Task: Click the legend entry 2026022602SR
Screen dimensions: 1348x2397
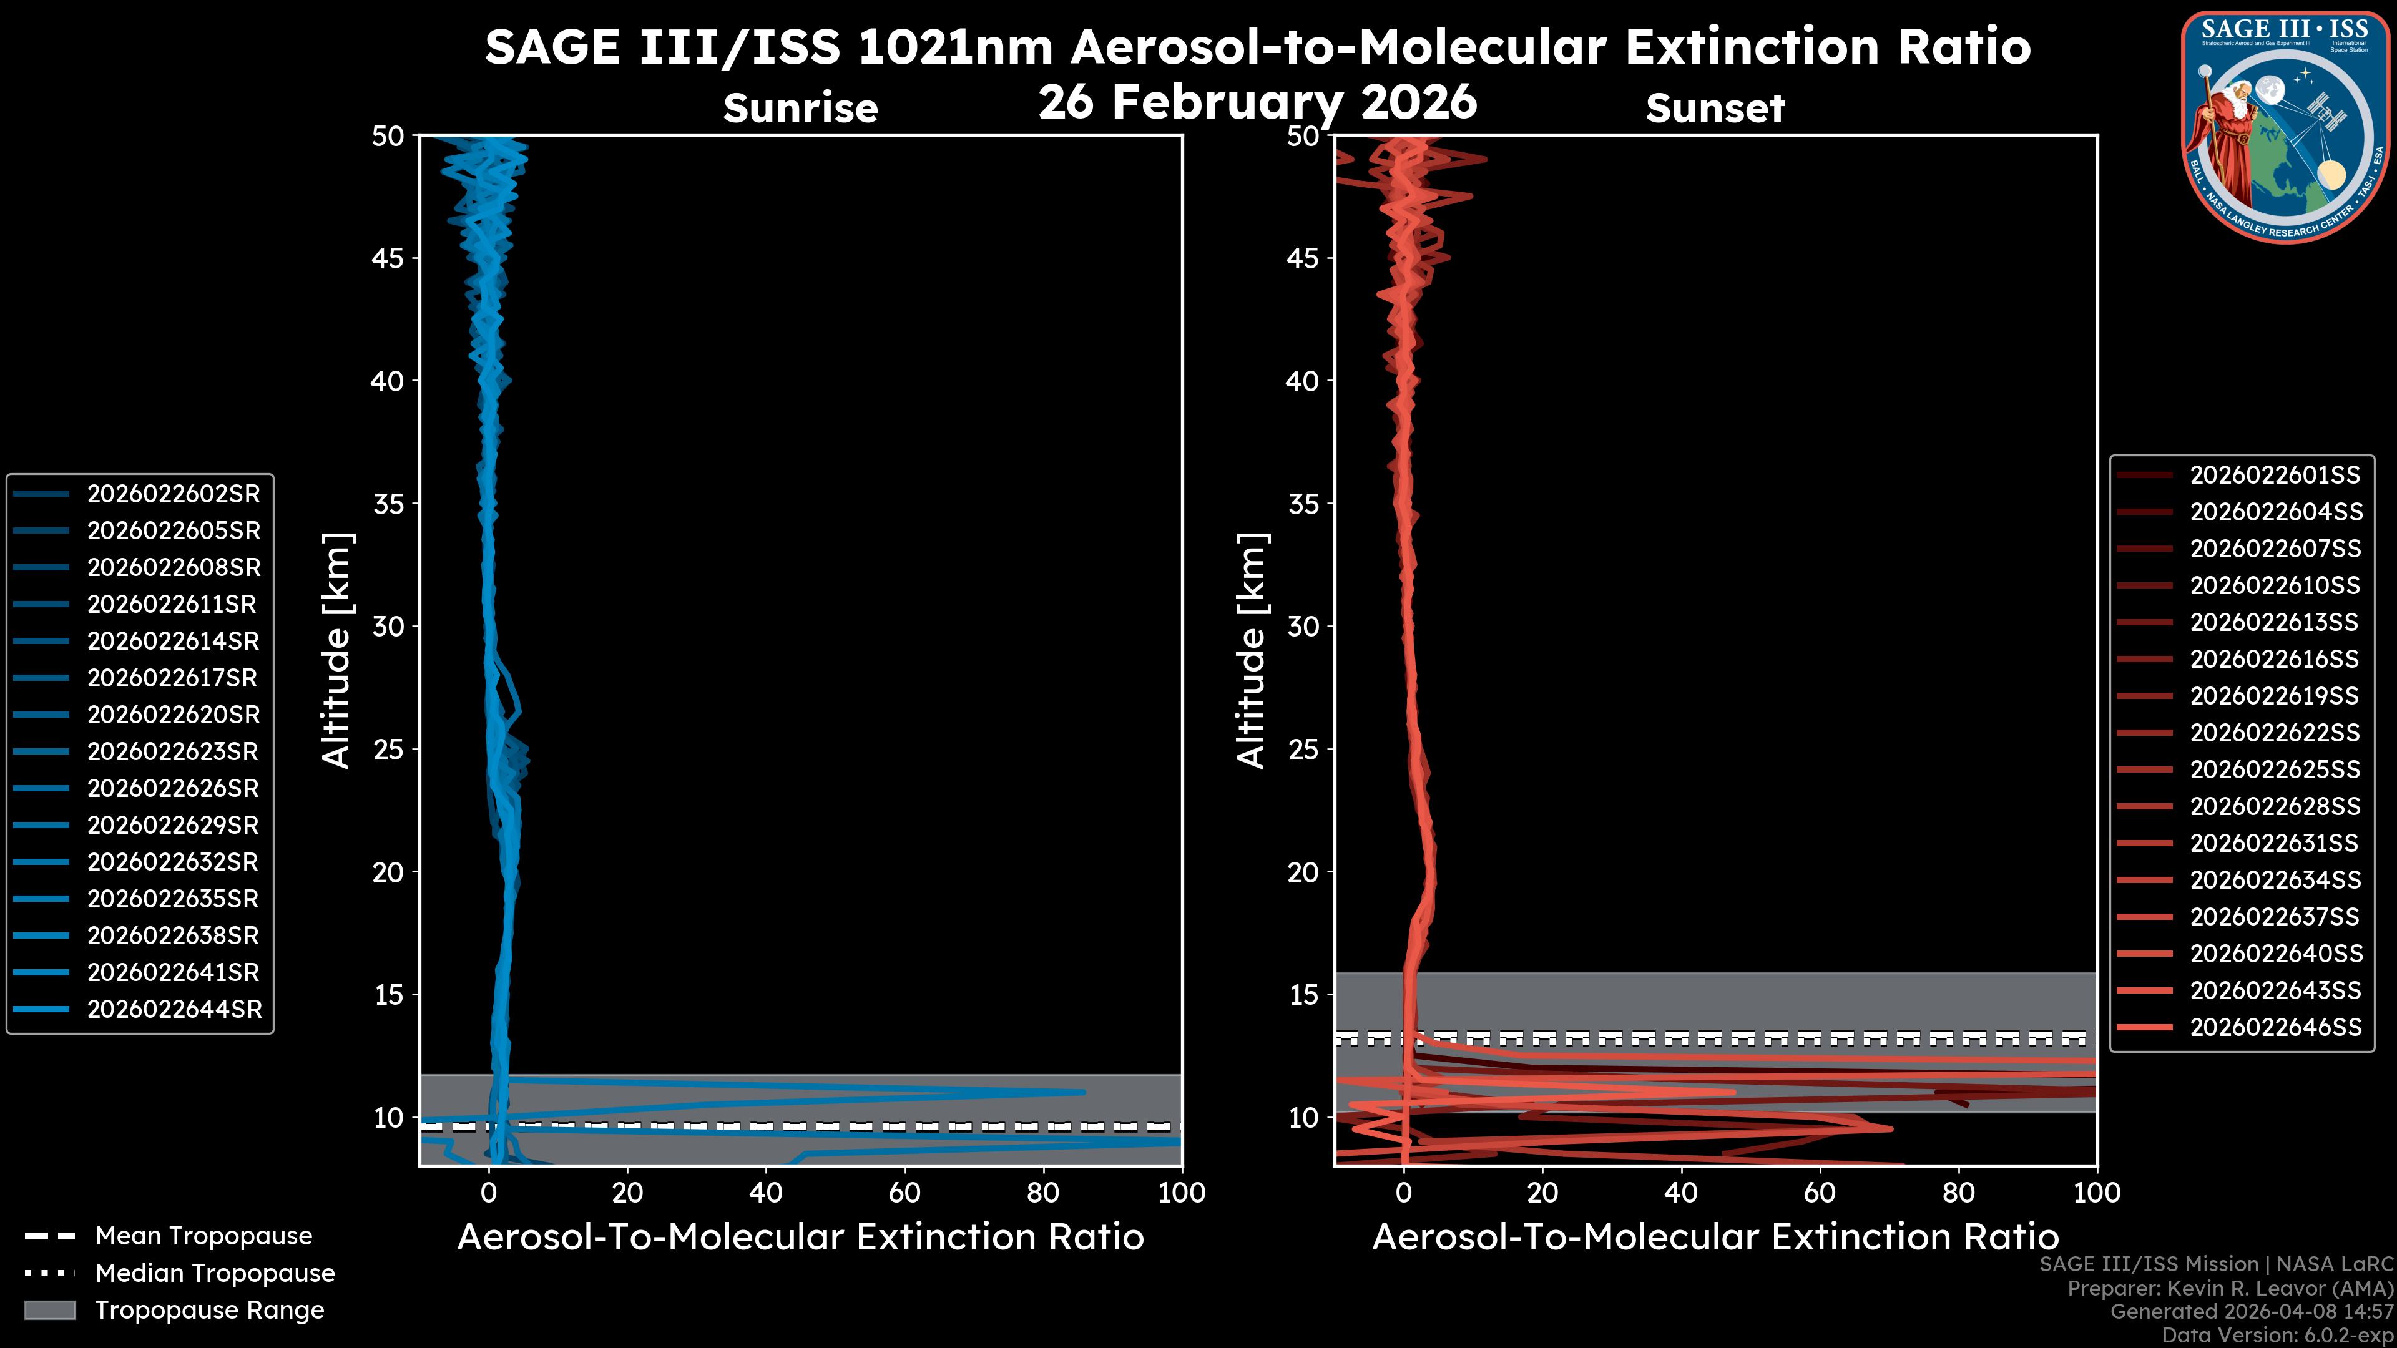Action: pyautogui.click(x=173, y=494)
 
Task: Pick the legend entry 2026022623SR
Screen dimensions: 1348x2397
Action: pyautogui.click(x=173, y=751)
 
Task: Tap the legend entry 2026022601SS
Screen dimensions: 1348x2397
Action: pyautogui.click(x=2274, y=476)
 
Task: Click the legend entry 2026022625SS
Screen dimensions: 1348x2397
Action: pyautogui.click(x=2274, y=770)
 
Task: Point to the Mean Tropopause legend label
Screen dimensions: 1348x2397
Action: pyautogui.click(x=203, y=1236)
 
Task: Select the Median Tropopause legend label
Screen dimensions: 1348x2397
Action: pyautogui.click(x=215, y=1274)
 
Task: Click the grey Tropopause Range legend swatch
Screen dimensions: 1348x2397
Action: pyautogui.click(x=49, y=1310)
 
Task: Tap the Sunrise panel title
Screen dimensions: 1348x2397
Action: pyautogui.click(x=800, y=109)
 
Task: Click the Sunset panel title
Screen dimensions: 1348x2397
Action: pyautogui.click(x=1715, y=109)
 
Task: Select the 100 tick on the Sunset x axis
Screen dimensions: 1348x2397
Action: pyautogui.click(x=2097, y=1193)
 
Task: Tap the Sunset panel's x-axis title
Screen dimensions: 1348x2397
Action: pyautogui.click(x=1715, y=1238)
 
